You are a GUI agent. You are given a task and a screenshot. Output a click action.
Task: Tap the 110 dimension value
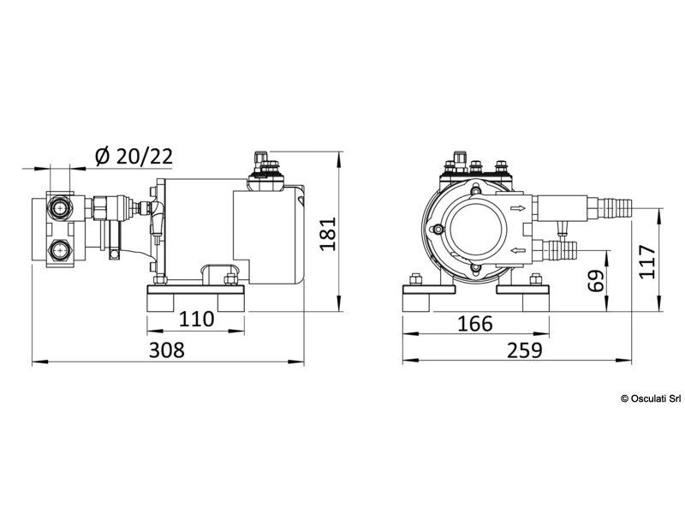[x=196, y=320]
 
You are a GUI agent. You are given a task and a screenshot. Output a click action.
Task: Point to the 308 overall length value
[x=167, y=350]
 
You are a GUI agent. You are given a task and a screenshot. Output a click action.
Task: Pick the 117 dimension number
[x=648, y=262]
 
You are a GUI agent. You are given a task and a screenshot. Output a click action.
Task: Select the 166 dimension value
[x=475, y=323]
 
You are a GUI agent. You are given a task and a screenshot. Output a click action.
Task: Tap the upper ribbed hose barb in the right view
[x=613, y=206]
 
